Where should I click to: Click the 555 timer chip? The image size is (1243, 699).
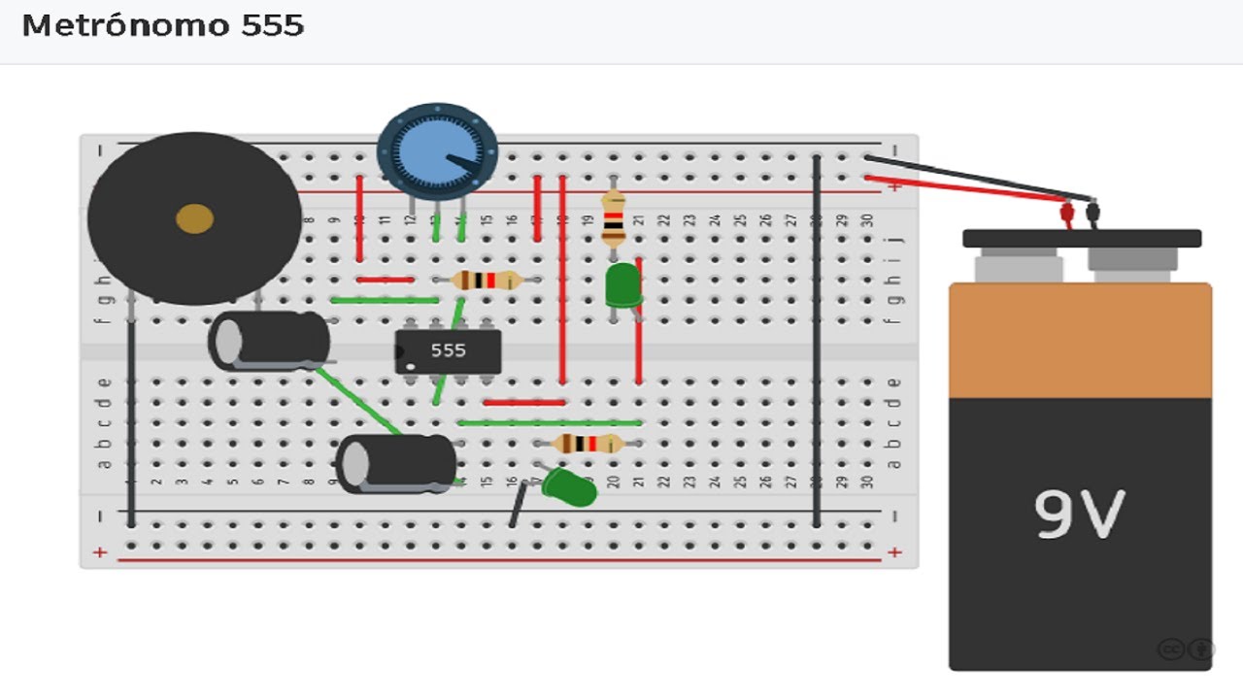coord(448,350)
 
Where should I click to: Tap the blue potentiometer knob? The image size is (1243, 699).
coord(437,152)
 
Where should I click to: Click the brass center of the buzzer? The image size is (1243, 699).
coord(194,219)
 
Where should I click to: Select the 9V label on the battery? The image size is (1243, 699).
coord(1078,514)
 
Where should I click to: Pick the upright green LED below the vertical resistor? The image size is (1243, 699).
coord(621,286)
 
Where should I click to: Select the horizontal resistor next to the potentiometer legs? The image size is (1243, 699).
coord(487,281)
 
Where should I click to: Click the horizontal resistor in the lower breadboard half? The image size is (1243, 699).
coord(588,445)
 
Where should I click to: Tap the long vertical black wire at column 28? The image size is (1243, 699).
coord(817,340)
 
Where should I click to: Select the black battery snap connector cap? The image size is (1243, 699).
coord(1081,238)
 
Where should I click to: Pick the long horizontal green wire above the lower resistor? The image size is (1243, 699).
coord(550,422)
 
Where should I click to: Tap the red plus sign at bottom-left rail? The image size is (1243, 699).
coord(99,552)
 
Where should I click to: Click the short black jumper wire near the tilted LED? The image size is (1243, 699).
coord(519,504)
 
